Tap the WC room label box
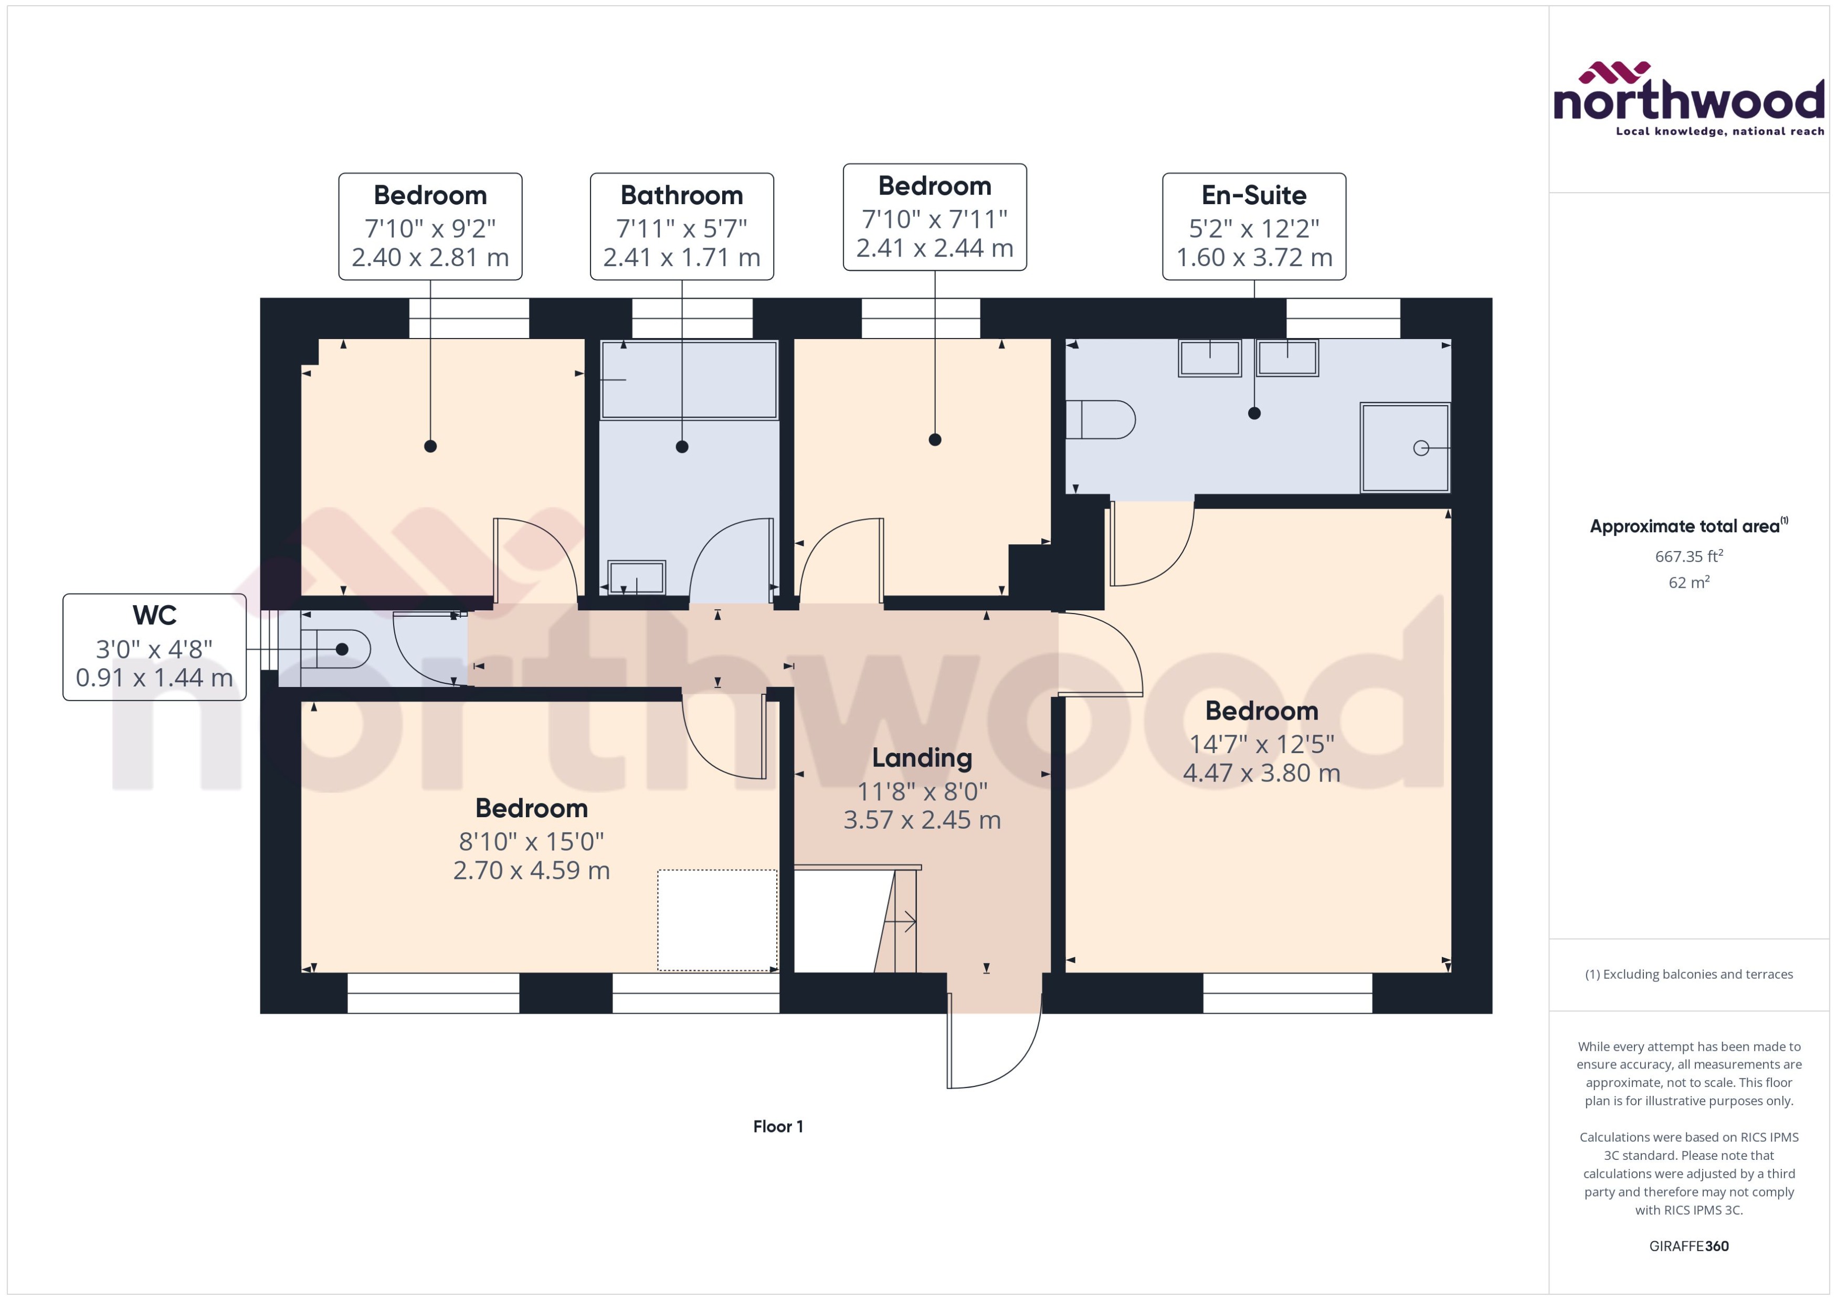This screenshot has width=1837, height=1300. click(154, 647)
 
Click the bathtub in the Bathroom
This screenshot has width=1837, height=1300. click(689, 379)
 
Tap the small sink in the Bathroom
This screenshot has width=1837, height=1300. click(636, 576)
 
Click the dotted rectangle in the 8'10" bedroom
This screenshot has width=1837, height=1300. click(717, 921)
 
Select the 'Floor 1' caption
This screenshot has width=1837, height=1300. click(777, 1126)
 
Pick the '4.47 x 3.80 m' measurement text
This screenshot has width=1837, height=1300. click(1261, 773)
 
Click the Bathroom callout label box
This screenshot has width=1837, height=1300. click(681, 227)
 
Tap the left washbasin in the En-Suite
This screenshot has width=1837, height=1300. click(1209, 358)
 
